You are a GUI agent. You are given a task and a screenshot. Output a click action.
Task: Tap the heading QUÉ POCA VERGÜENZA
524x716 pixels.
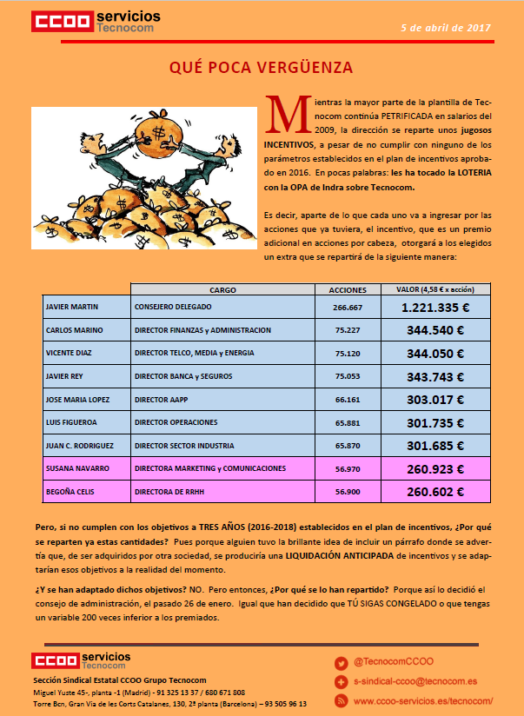tap(261, 67)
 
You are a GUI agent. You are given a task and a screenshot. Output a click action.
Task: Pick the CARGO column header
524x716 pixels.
tap(223, 290)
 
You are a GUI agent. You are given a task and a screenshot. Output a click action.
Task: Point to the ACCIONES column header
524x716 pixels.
tap(348, 290)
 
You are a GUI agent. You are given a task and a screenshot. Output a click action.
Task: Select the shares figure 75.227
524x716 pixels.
tap(348, 330)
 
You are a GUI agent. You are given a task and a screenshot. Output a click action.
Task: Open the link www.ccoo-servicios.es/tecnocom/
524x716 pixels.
tap(424, 700)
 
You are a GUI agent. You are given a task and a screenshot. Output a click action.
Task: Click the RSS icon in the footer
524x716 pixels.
tap(341, 700)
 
